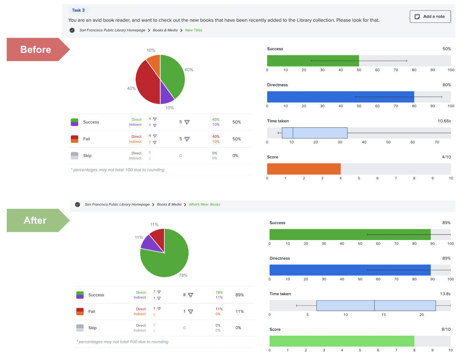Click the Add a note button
430,17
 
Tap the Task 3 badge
78,10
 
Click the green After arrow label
36,220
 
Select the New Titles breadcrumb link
194,30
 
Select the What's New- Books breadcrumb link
204,204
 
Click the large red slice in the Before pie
146,83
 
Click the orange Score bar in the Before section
304,169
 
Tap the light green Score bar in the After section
342,341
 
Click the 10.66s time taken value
444,121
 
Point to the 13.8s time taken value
445,294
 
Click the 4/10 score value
446,157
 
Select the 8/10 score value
446,329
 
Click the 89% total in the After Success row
239,295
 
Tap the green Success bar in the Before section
313,61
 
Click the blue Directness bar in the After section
350,270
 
